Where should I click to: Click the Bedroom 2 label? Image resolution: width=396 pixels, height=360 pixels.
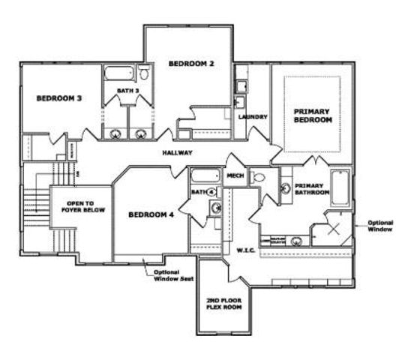click(191, 64)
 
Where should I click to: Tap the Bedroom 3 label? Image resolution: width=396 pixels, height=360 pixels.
click(58, 98)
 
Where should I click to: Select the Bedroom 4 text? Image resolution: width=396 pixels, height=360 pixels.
click(151, 214)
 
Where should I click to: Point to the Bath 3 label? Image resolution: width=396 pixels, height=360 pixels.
click(127, 91)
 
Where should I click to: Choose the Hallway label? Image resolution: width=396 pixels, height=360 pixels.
click(178, 153)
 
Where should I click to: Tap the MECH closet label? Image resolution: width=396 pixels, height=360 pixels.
click(235, 177)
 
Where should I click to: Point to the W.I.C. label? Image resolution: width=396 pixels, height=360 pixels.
click(247, 250)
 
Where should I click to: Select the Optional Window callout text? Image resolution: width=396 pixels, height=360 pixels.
click(379, 226)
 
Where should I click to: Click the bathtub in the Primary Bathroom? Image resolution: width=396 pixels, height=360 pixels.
click(340, 187)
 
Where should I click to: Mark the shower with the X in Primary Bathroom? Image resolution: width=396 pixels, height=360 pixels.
click(334, 229)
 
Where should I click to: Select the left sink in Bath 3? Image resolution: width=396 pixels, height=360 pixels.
click(116, 135)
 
